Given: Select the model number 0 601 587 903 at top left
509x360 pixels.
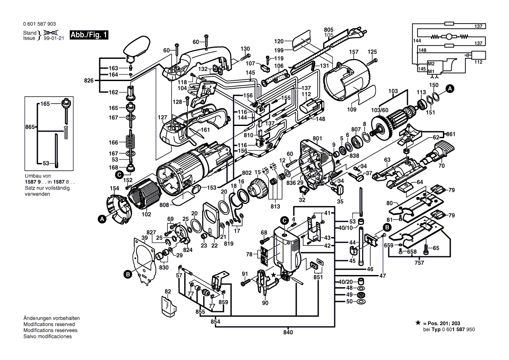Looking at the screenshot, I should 39,24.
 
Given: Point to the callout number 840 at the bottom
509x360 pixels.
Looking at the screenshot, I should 288,333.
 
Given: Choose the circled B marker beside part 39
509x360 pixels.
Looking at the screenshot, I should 127,274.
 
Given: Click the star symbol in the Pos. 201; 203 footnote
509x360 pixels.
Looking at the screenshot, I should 418,323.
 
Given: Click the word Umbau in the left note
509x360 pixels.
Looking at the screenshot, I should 32,177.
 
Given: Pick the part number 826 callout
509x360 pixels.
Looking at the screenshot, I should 89,81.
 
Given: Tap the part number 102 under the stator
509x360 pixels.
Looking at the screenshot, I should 146,214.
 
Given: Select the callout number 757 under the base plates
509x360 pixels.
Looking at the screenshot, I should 419,263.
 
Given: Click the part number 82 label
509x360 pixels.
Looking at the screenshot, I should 168,291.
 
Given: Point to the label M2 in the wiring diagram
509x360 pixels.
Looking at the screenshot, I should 431,64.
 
